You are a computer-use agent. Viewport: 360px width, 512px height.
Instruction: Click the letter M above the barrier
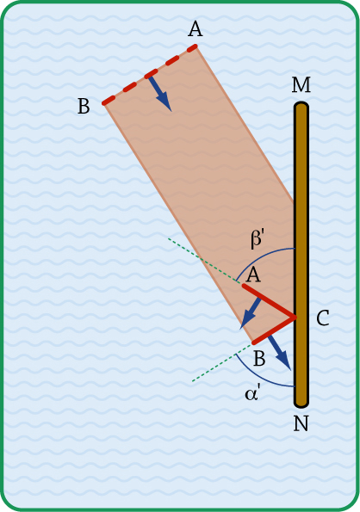(301, 85)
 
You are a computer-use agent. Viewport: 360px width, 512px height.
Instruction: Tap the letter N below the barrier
(301, 424)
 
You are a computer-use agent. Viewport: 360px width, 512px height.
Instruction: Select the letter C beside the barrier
(323, 318)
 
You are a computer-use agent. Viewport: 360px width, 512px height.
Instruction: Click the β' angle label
(258, 238)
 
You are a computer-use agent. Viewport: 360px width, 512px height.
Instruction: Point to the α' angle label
(251, 393)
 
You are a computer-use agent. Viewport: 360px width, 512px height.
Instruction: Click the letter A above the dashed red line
(195, 29)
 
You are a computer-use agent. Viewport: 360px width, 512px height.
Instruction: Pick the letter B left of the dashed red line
(84, 106)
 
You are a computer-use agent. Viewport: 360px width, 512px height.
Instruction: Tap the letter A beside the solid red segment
(253, 275)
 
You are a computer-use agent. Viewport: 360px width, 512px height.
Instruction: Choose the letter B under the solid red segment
(259, 359)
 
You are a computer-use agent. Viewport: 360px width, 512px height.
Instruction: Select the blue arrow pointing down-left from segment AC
(251, 313)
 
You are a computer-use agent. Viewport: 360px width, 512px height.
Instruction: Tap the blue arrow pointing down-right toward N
(279, 354)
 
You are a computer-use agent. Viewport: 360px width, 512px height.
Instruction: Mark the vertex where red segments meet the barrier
(295, 317)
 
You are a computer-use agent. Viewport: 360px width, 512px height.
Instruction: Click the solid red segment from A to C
(269, 301)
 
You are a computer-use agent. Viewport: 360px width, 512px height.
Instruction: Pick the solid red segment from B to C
(274, 330)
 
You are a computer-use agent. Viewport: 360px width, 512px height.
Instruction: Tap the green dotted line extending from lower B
(222, 361)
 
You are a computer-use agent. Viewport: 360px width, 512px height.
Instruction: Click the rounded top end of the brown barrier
(301, 104)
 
